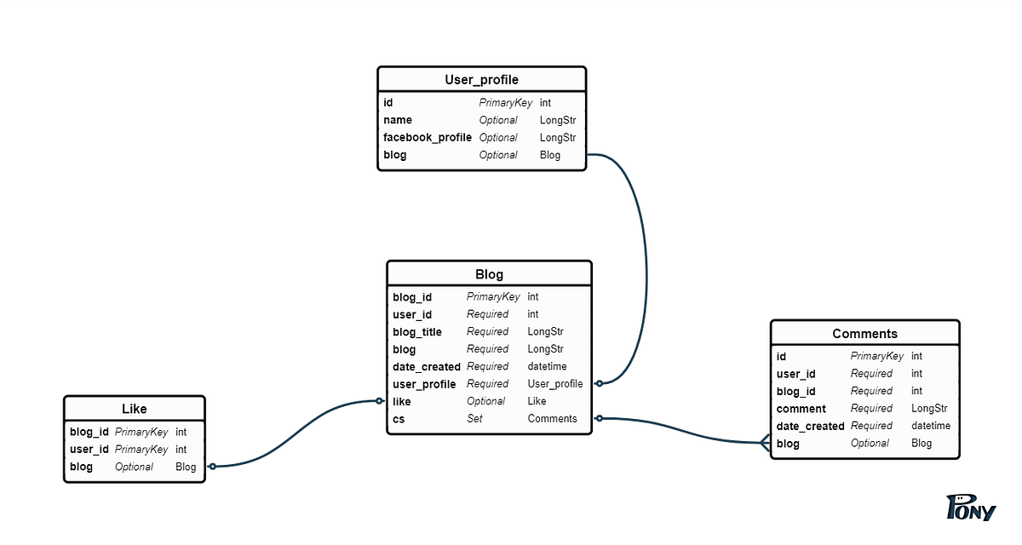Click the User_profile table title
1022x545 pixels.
click(481, 80)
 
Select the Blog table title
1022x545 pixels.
click(489, 274)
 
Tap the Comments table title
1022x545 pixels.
click(864, 334)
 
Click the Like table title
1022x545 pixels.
click(134, 409)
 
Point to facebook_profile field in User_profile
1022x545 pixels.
click(427, 137)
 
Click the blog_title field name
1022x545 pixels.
click(417, 332)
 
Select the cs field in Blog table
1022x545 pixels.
click(399, 418)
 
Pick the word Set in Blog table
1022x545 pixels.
click(474, 418)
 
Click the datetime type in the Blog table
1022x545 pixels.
click(547, 366)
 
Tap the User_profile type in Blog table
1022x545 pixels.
click(555, 384)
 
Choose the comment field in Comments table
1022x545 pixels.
click(801, 409)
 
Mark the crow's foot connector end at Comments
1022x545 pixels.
click(765, 442)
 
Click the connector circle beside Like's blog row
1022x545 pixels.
click(213, 466)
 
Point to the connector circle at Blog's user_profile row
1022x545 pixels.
click(599, 383)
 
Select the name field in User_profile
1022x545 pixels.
click(397, 120)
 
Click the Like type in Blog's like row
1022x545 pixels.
click(538, 401)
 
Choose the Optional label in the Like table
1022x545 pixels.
click(134, 467)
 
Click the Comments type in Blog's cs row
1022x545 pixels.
click(552, 418)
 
